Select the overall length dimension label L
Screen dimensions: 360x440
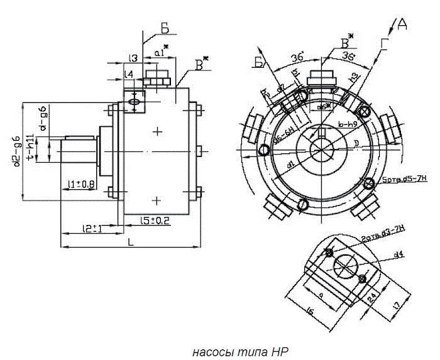[x=130, y=241]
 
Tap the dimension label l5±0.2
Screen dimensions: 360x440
[x=155, y=221]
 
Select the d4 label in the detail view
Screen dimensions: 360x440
[x=398, y=255]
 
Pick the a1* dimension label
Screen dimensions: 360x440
[x=162, y=54]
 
